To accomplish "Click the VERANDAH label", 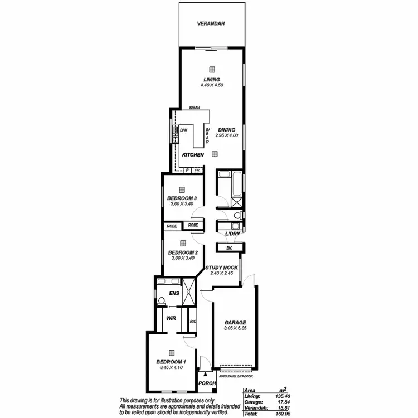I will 211,24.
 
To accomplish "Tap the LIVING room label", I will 212,80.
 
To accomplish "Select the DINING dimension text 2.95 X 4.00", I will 226,135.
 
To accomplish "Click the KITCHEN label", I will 193,154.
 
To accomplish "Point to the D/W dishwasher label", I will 183,130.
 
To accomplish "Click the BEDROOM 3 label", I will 182,198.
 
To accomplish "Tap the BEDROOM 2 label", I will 183,252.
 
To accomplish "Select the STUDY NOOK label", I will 221,268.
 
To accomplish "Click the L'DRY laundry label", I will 232,234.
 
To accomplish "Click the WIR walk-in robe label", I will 172,318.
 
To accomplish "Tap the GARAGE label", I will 235,323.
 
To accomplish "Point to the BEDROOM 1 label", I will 172,362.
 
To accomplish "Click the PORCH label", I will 206,384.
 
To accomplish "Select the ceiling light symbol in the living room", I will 212,69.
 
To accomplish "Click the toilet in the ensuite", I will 162,301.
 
